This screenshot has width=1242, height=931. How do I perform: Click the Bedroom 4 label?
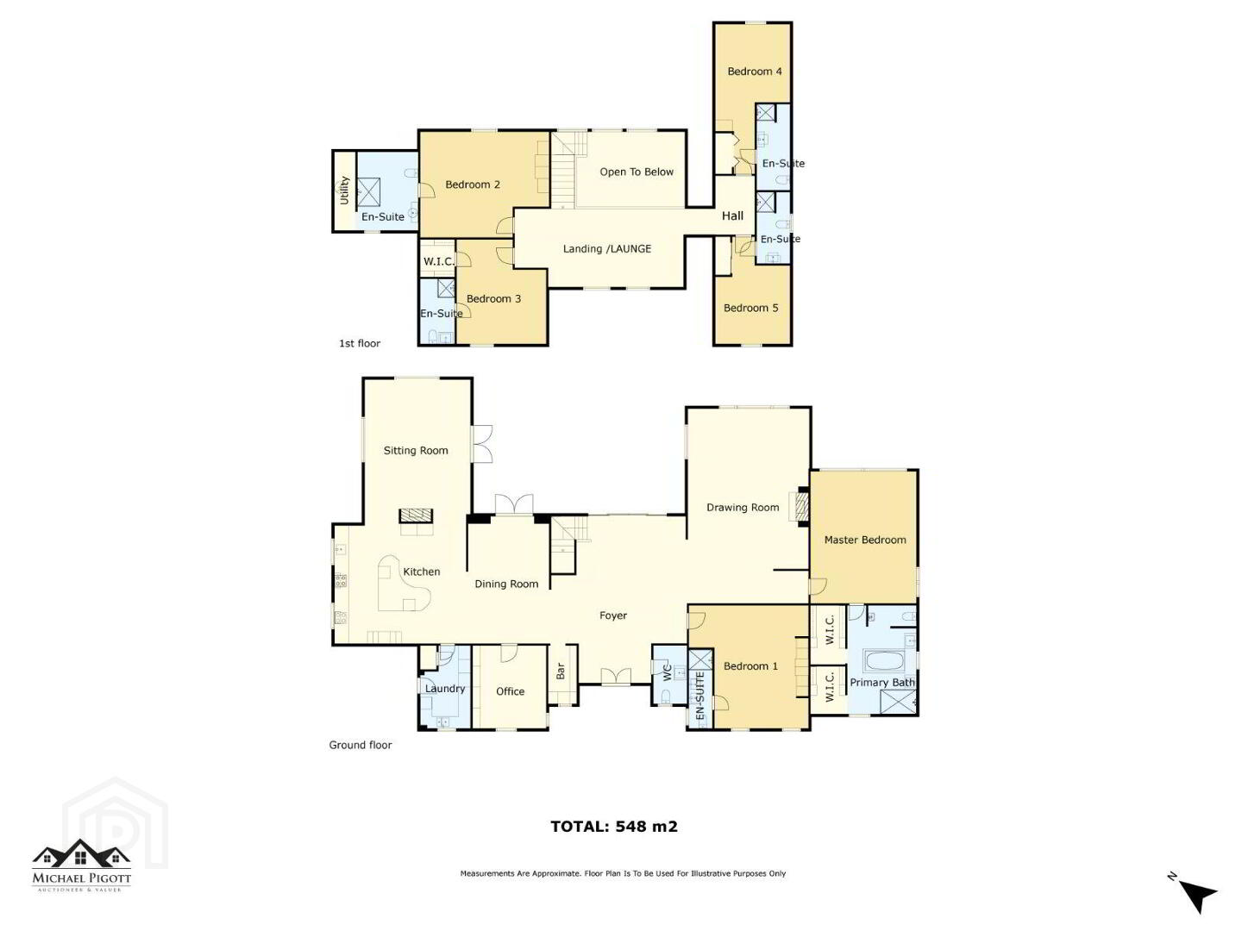pos(754,72)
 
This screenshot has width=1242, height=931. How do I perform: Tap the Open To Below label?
pos(637,172)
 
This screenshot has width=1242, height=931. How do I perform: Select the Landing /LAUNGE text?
pos(607,249)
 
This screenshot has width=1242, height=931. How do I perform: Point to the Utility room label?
pos(344,190)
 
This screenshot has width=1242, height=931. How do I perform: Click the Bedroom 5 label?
pos(751,308)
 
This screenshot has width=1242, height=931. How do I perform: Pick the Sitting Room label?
pos(416,451)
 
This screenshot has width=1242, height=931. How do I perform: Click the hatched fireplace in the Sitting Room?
pos(416,515)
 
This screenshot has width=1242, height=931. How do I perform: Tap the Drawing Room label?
pos(743,508)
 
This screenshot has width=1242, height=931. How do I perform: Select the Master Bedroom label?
pos(865,540)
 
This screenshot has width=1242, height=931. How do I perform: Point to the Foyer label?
pos(613,615)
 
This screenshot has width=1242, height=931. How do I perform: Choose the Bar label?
pos(561,671)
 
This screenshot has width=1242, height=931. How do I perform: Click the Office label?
pos(510,691)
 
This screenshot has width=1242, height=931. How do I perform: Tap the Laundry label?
pos(445,689)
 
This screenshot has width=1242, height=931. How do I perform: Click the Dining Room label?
pos(506,584)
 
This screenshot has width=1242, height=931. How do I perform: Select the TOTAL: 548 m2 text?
pos(614,827)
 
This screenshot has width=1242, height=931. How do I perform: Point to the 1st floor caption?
pos(360,343)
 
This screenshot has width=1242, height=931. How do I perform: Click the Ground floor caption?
pos(361,745)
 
